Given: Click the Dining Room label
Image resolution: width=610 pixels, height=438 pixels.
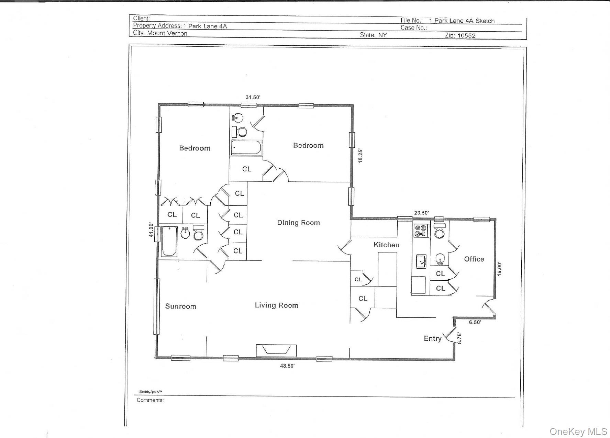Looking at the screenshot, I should [298, 223].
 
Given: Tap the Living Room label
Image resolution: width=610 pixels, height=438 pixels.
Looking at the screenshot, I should [276, 305].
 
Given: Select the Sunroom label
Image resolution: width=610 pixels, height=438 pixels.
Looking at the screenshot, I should [180, 306].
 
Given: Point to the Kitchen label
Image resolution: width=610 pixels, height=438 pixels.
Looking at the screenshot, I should [386, 245].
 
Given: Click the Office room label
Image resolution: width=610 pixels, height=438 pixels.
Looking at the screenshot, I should [474, 259].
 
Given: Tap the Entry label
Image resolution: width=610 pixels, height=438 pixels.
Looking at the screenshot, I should [432, 338].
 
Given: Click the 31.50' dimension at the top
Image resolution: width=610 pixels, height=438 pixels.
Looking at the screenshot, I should [253, 97].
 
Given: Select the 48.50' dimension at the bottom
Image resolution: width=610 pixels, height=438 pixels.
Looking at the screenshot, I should [287, 366].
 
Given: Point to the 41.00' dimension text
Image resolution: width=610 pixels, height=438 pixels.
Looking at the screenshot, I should [151, 229].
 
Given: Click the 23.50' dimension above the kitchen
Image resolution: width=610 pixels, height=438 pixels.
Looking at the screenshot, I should [421, 213].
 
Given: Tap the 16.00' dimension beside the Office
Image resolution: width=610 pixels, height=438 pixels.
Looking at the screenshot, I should [500, 269].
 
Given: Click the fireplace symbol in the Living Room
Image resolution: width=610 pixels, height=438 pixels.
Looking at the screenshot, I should [276, 350].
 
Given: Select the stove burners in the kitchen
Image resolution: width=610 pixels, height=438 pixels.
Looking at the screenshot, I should [421, 231].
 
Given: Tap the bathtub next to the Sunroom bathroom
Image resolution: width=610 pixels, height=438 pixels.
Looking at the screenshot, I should [169, 241].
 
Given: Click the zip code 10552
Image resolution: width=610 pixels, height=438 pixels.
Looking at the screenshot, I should [466, 35].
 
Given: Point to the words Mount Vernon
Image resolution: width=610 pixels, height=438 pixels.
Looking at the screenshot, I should [167, 33].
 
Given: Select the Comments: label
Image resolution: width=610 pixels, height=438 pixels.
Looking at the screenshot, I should [150, 400].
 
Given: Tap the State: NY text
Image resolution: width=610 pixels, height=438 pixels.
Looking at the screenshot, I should [373, 35].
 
